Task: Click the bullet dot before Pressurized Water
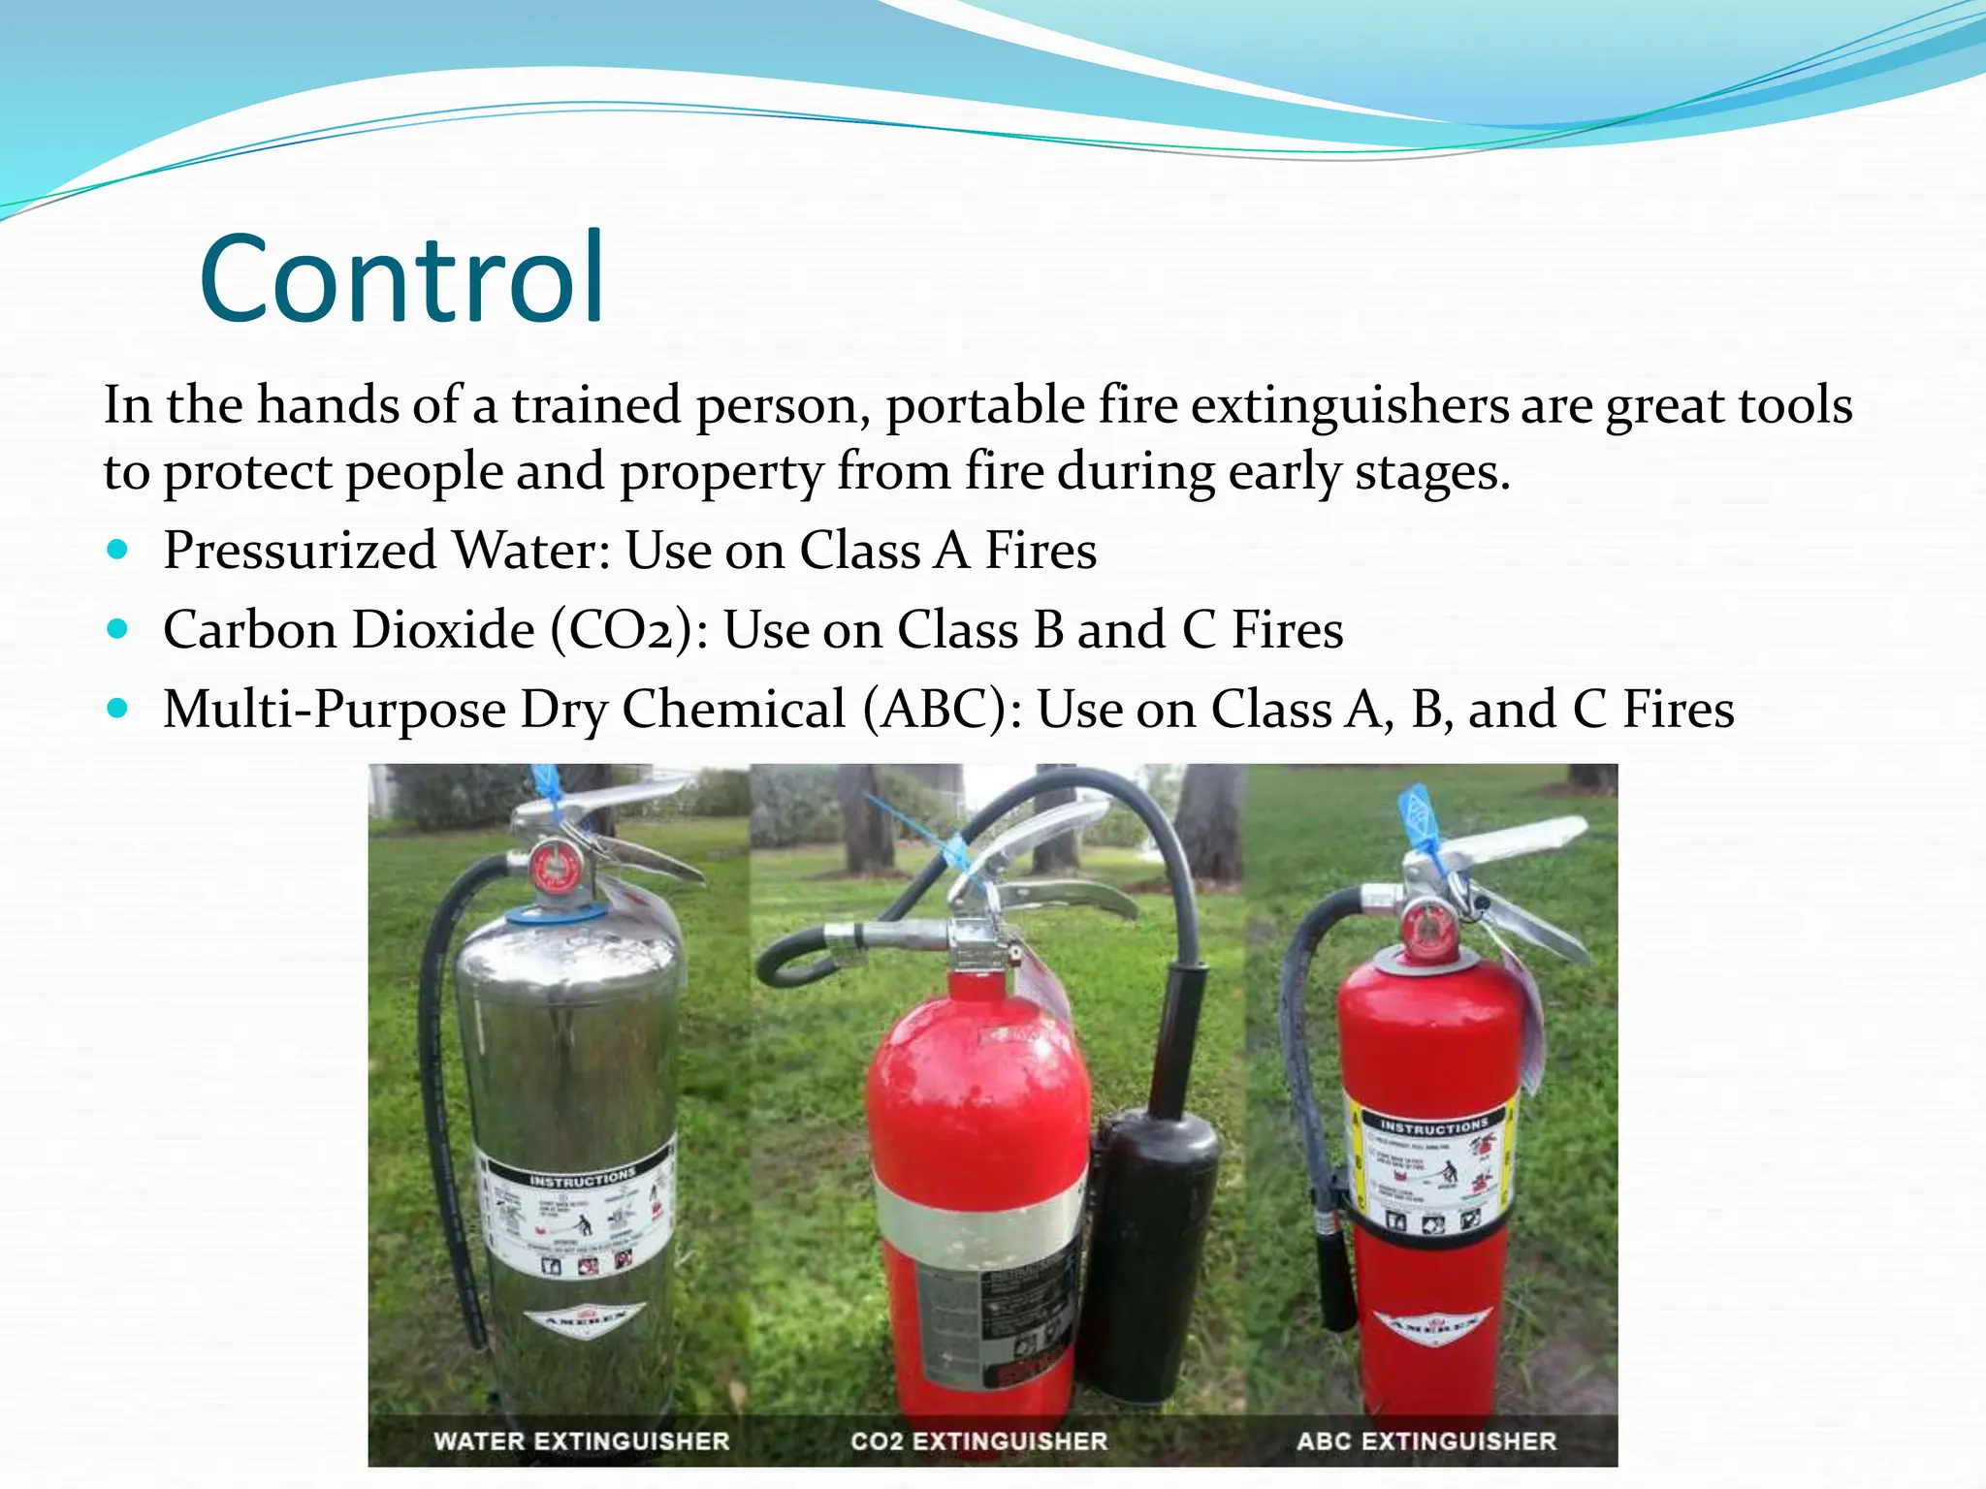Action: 117,550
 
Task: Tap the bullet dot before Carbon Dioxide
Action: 117,629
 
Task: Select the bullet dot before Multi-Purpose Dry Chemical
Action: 117,709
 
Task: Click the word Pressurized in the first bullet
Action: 300,551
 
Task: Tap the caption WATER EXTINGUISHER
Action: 581,1441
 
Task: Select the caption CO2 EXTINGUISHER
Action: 978,1441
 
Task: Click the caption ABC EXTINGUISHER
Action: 1426,1441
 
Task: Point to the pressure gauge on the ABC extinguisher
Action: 1425,927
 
